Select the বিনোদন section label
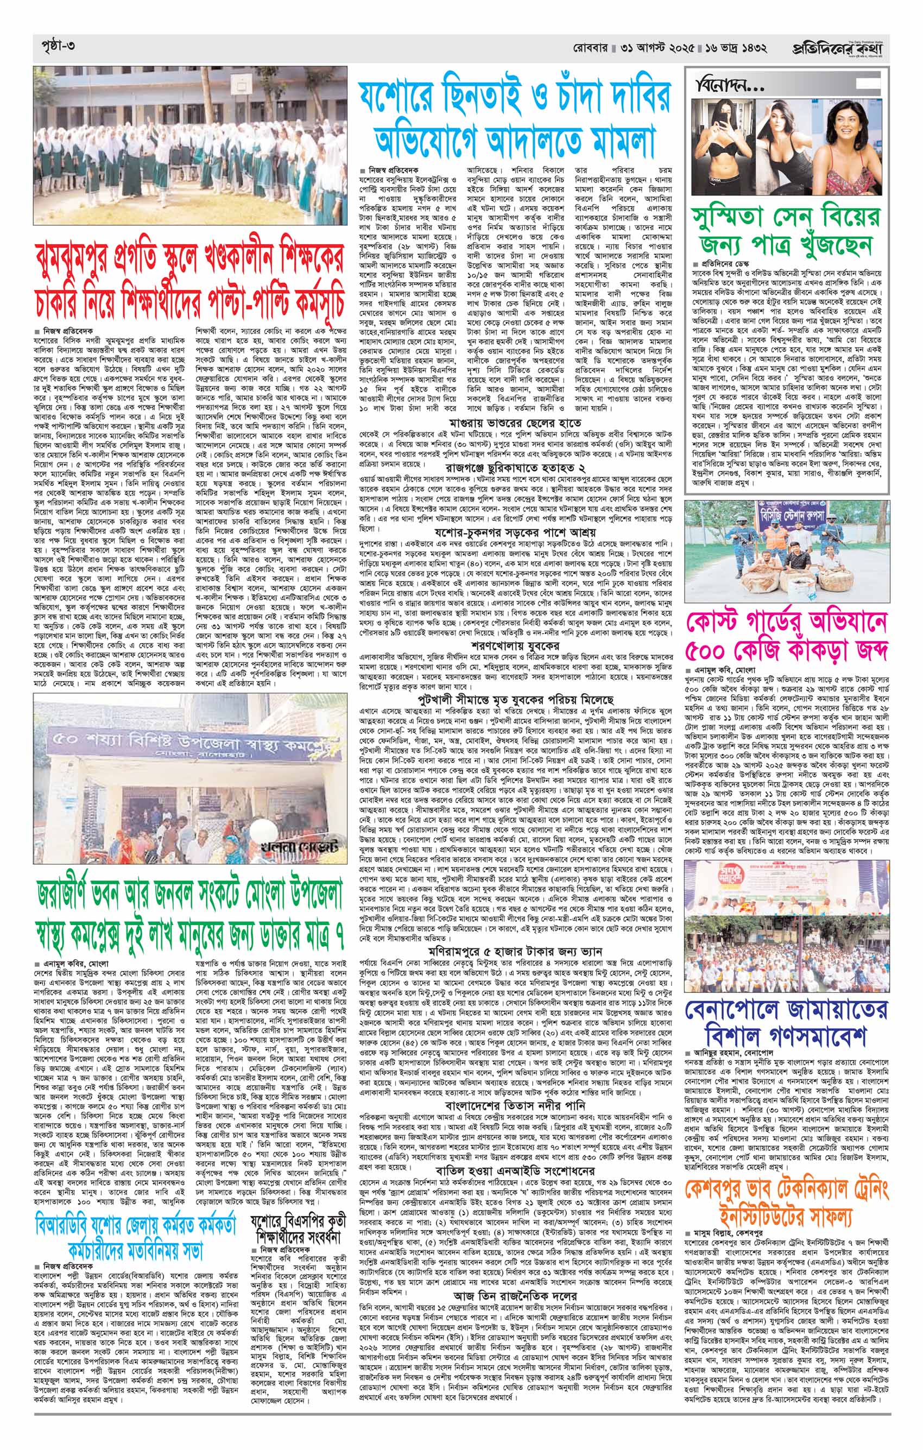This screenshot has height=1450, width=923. (729, 83)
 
